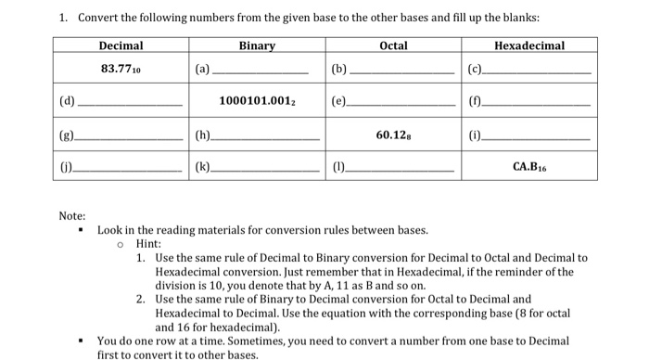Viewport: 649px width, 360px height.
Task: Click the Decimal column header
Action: pos(121,45)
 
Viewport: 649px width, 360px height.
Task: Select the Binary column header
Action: pos(257,45)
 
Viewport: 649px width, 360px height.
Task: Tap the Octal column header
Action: pos(393,45)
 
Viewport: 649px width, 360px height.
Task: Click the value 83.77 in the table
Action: pos(121,67)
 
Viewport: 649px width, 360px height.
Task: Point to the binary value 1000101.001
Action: pos(258,100)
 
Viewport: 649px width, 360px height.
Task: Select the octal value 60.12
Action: pos(393,135)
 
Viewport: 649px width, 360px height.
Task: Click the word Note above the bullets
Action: pos(71,216)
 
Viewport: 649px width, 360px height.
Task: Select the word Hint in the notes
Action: pos(147,243)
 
